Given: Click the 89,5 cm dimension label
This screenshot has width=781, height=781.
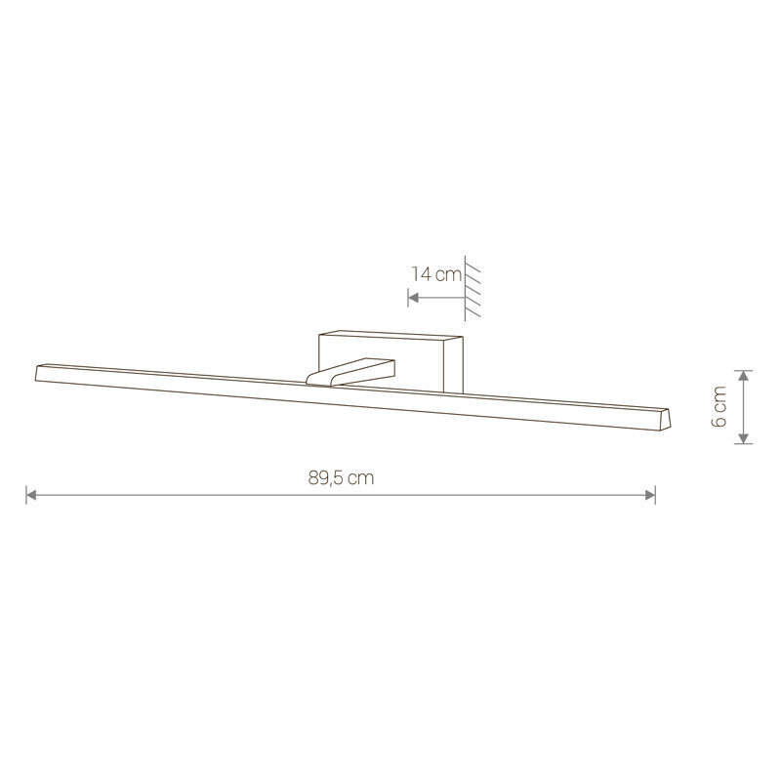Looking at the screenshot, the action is pos(341,478).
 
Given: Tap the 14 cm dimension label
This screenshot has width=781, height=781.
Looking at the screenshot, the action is pos(436,274).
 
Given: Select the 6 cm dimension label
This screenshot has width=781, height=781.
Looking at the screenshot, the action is pos(719,406).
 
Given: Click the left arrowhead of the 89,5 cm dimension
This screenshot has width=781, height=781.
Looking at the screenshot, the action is pos(31,495).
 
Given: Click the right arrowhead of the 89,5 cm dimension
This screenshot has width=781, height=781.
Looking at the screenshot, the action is pos(650,495).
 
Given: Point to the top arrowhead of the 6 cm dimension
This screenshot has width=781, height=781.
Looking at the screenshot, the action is pos(743,376).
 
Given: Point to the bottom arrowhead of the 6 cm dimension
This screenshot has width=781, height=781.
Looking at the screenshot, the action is pos(743,437).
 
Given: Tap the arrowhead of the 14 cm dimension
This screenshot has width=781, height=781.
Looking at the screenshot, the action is pos(413,298).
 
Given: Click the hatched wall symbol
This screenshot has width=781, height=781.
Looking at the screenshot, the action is pos(473,289).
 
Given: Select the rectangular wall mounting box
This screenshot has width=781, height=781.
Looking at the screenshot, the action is pos(391,361).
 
